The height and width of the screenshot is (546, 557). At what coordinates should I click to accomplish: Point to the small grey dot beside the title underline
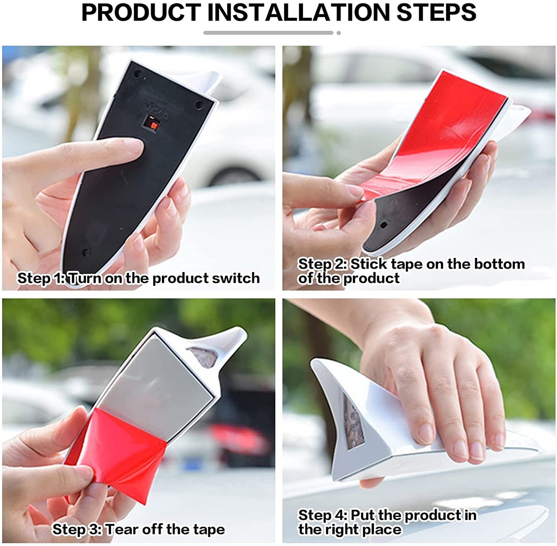tap(338, 33)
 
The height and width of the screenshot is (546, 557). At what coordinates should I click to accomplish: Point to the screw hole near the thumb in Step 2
tap(384, 225)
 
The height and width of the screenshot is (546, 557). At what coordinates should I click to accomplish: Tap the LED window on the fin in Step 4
tap(353, 424)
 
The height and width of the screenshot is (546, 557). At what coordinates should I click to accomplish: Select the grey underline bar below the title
tap(268, 33)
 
